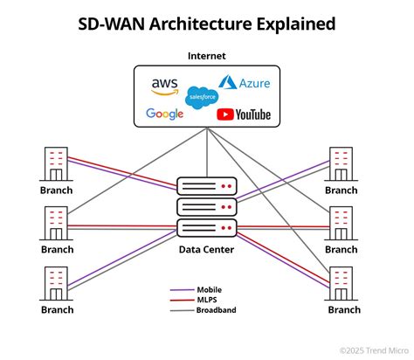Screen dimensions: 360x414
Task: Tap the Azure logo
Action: coord(244,84)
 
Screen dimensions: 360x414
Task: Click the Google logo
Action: coord(164,114)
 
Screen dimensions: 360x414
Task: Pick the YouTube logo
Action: coord(243,114)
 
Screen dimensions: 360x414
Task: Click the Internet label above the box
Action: coord(207,56)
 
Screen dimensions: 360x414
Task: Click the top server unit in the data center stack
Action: coord(207,187)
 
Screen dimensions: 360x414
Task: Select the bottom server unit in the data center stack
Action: coord(207,229)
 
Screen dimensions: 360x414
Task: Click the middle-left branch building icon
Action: coord(55,224)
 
